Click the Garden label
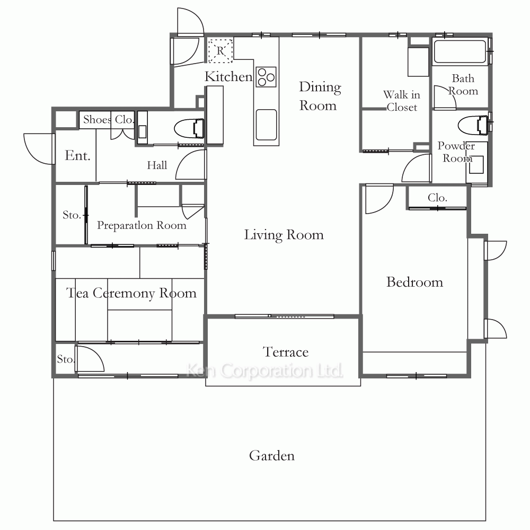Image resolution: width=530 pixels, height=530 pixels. click(272, 456)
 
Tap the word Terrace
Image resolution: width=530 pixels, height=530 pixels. click(286, 352)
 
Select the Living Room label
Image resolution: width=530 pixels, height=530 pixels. click(284, 235)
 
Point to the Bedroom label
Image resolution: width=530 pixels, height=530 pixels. click(415, 282)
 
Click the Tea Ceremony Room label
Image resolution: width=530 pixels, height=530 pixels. click(131, 293)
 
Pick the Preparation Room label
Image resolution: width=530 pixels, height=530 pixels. click(142, 225)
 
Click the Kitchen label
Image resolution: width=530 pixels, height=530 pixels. click(228, 76)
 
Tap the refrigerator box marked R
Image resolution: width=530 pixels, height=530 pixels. click(220, 51)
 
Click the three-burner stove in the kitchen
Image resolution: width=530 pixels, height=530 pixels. click(267, 77)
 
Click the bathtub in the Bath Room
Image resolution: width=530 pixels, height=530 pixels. click(460, 51)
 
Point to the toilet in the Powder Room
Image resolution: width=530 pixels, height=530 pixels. click(473, 125)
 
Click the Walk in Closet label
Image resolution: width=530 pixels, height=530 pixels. click(402, 101)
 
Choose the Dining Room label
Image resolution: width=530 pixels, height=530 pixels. click(320, 96)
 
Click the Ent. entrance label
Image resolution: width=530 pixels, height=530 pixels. click(77, 155)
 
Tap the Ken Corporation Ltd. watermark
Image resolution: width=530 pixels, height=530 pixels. click(264, 370)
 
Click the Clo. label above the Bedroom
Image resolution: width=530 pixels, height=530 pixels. click(437, 197)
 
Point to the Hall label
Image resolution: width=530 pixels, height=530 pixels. click(157, 165)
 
